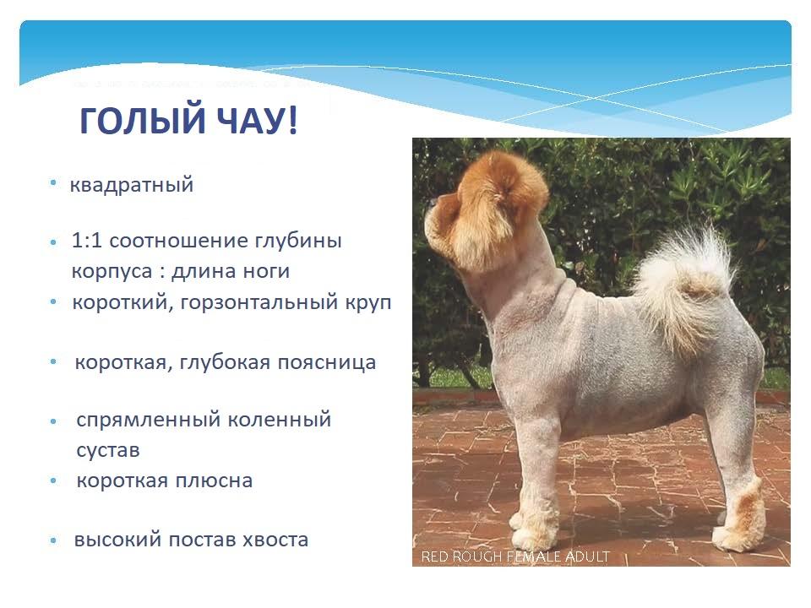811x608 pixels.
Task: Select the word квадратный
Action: (132, 185)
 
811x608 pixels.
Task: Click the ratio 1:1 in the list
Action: (87, 241)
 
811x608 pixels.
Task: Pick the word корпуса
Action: (112, 272)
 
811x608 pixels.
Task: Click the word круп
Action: (369, 303)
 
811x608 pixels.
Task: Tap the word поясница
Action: (327, 362)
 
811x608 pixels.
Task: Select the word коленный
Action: (280, 420)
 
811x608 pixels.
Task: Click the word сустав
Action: (108, 450)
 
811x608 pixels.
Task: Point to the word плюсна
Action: (214, 480)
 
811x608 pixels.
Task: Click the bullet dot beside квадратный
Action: (53, 182)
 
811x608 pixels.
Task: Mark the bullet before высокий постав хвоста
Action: (54, 540)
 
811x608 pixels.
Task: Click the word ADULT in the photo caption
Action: (587, 556)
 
